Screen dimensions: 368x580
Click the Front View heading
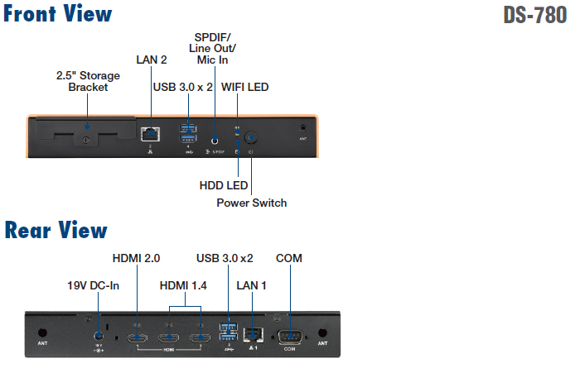(x=57, y=14)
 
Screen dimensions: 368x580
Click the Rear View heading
(x=56, y=229)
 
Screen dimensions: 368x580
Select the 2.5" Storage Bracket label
(x=88, y=81)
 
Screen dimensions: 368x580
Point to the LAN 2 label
(x=152, y=60)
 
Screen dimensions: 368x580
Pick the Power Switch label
(x=252, y=203)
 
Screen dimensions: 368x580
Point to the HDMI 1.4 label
(x=183, y=286)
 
